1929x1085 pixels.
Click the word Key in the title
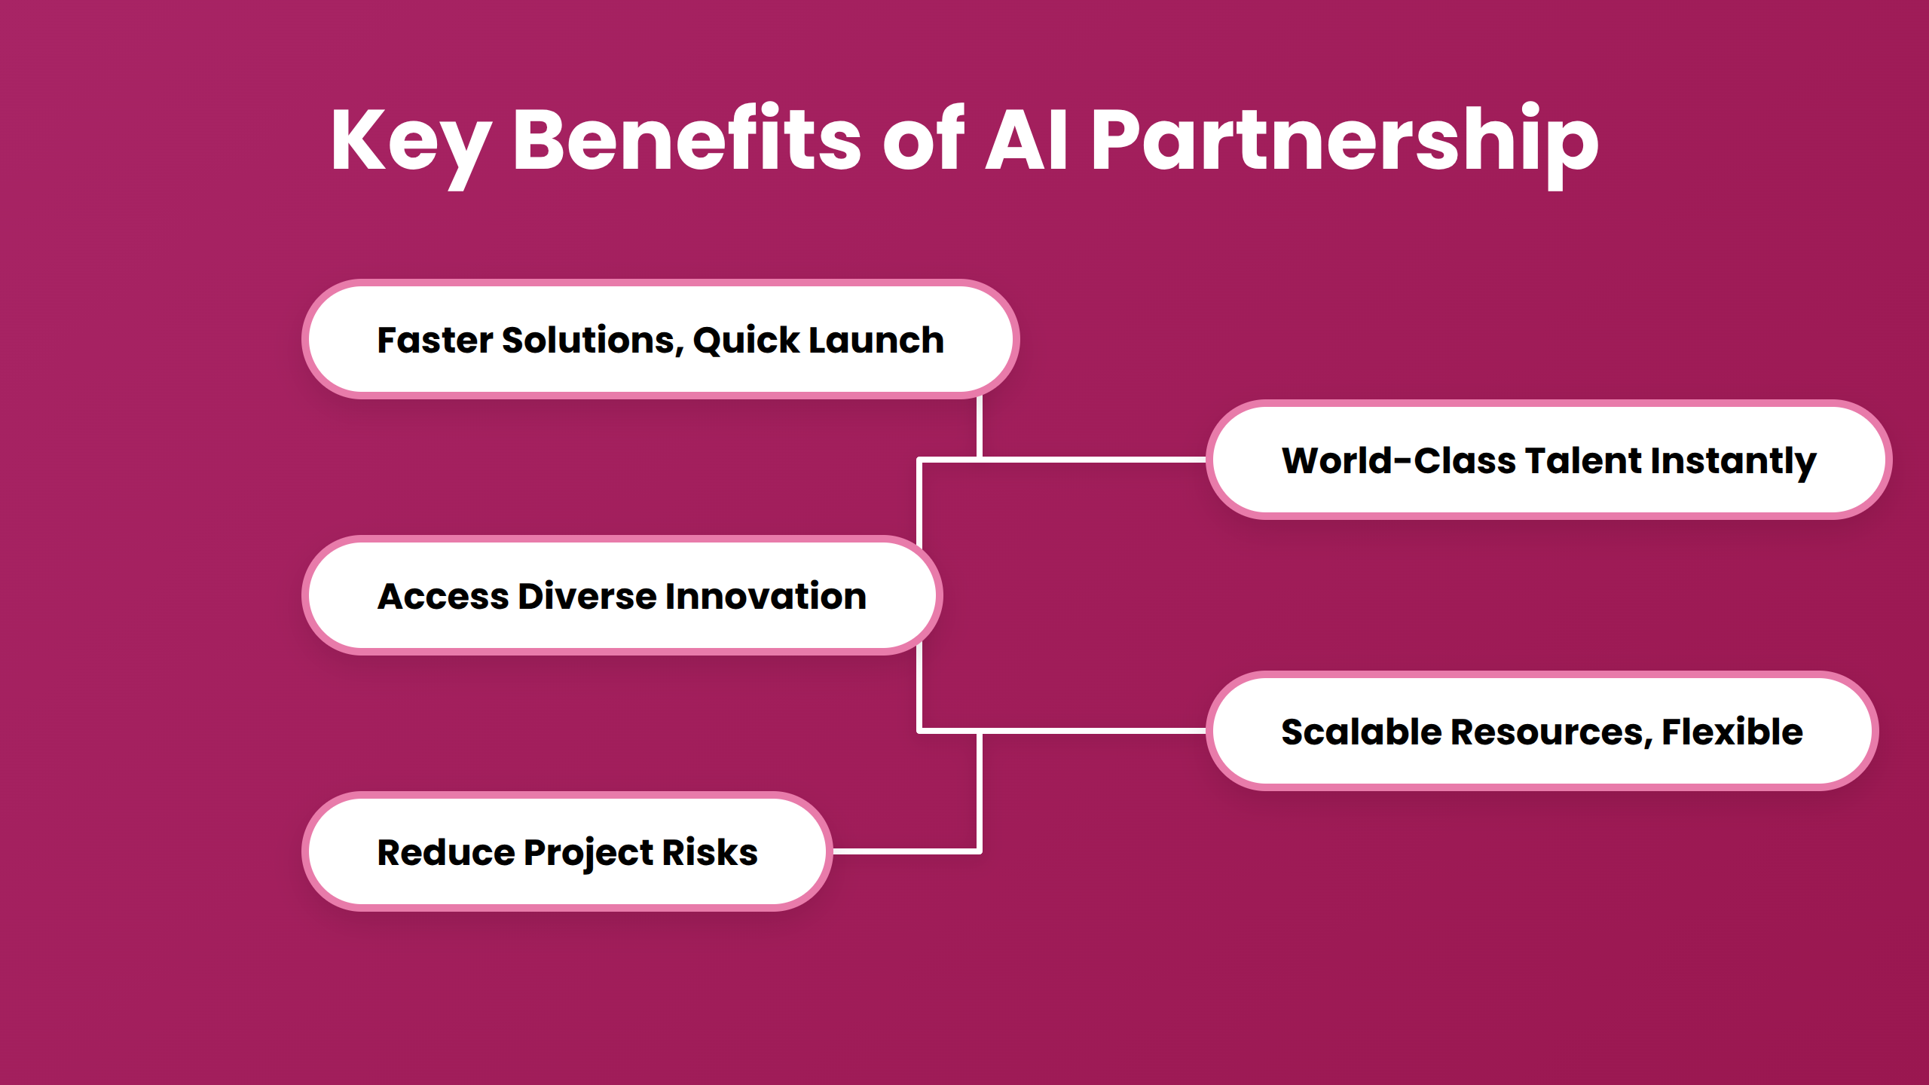(x=411, y=142)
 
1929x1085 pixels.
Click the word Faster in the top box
(x=435, y=340)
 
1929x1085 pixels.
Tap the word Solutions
(x=592, y=341)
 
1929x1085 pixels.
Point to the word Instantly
(x=1733, y=462)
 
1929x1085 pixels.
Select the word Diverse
(x=587, y=596)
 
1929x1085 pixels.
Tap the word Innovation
(x=766, y=596)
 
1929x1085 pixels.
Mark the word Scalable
(x=1361, y=732)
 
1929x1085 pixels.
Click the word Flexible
(x=1732, y=732)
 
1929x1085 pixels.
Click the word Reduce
(x=445, y=852)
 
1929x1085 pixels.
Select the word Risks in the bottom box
(x=710, y=852)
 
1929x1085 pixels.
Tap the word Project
(x=588, y=854)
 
